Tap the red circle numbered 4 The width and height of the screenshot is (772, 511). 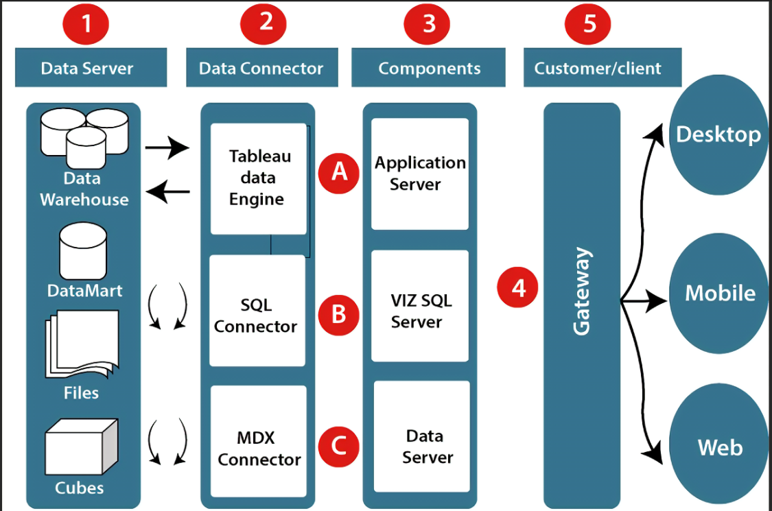tap(519, 287)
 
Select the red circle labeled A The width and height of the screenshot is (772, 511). tap(339, 172)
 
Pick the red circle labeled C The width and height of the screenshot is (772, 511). tap(339, 447)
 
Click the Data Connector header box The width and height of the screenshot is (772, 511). tap(261, 68)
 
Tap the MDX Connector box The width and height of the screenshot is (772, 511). tap(258, 442)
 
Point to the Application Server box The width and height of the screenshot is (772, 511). tap(420, 174)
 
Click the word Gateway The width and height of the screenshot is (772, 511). tap(582, 292)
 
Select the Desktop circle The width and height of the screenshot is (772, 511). tap(718, 134)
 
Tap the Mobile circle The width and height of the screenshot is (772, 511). tap(719, 294)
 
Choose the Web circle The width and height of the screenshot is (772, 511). tap(719, 447)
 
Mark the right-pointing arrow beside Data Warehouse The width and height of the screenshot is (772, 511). tap(167, 147)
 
